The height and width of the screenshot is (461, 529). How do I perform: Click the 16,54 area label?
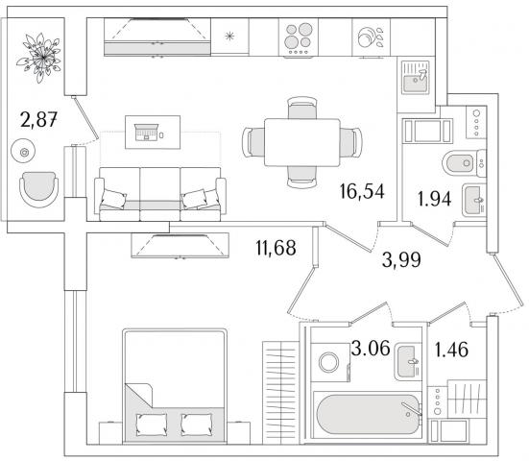[362, 191]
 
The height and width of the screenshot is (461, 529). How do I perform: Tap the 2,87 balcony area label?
[38, 119]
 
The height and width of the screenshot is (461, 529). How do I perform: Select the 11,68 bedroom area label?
[276, 248]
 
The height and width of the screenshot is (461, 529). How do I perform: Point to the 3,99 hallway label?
[401, 260]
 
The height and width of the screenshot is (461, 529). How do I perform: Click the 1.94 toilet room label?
[434, 199]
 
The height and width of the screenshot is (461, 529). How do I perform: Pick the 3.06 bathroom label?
[371, 348]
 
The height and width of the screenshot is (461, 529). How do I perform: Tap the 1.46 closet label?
[451, 350]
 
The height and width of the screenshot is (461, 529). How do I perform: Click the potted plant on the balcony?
[39, 58]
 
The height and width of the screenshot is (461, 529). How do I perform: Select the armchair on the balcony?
[38, 189]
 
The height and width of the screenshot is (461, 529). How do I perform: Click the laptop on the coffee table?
[147, 133]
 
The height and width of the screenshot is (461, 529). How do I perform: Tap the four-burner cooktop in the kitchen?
[299, 37]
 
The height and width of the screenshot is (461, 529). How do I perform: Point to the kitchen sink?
[416, 77]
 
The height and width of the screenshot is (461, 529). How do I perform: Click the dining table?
[302, 142]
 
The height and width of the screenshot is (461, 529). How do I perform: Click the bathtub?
[368, 415]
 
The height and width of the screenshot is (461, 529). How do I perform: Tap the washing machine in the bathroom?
[330, 362]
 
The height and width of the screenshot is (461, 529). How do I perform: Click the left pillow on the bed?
[151, 425]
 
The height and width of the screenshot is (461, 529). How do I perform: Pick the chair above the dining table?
[302, 108]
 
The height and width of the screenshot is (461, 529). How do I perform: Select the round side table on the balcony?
[23, 152]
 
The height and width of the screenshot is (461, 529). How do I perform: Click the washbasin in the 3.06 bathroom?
[408, 362]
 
